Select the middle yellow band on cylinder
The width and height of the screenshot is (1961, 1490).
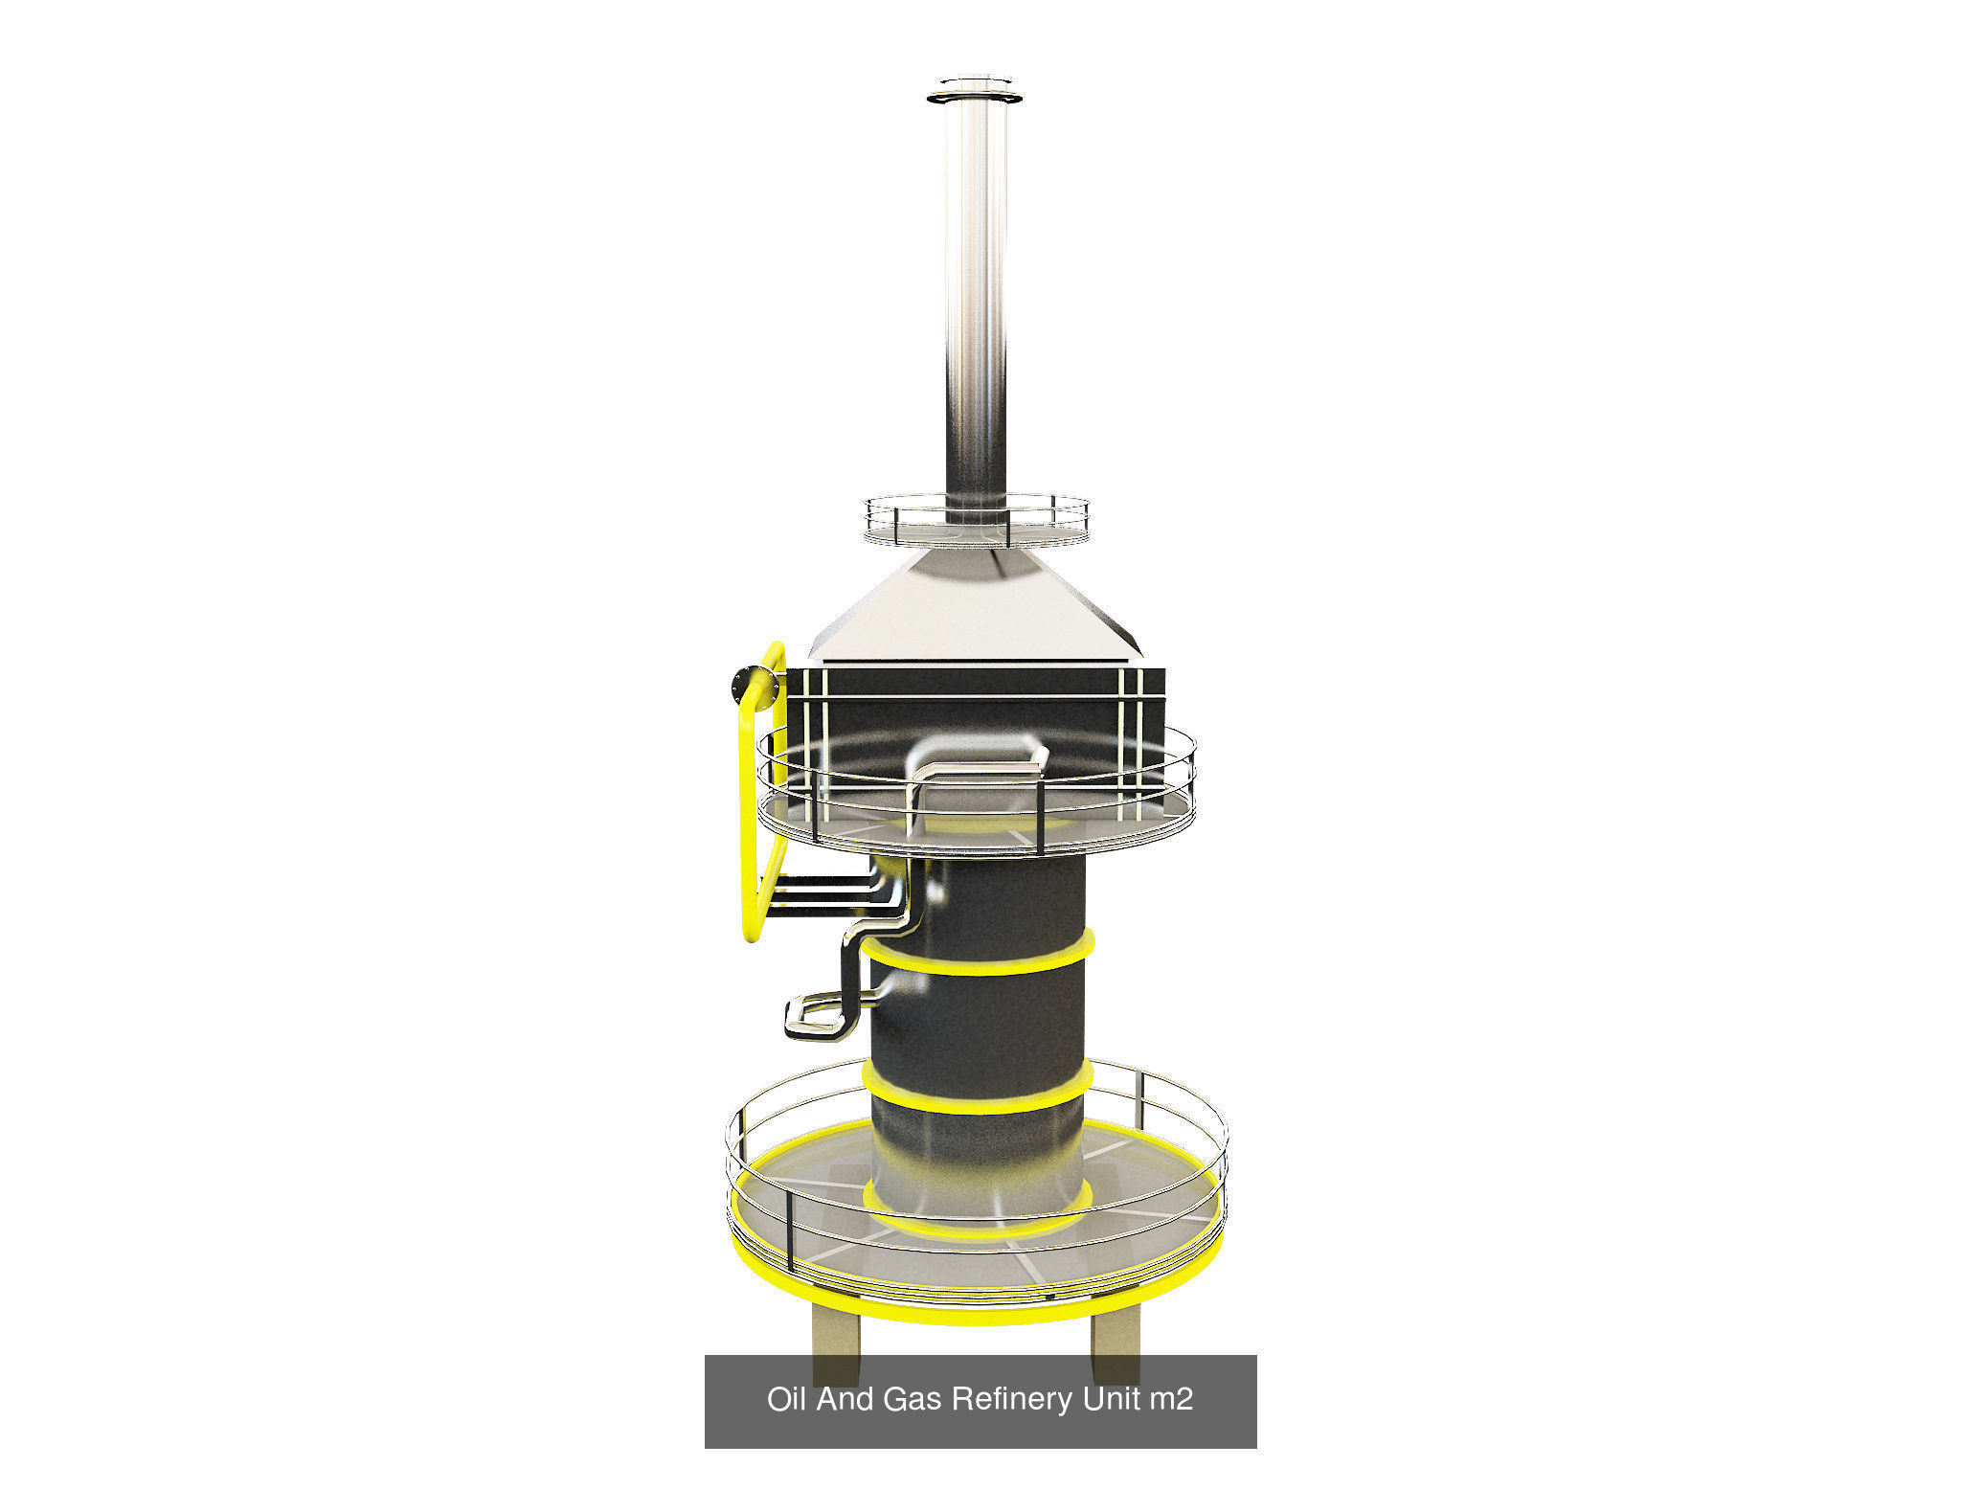[x=977, y=1101]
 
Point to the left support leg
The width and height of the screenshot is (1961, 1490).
[x=835, y=1341]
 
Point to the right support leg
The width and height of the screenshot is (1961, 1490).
[x=1115, y=1341]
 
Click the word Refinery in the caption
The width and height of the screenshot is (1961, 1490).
[x=1013, y=1399]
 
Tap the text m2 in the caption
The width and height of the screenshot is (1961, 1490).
[x=1170, y=1399]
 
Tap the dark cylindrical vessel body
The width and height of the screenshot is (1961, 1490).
[x=977, y=1025]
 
